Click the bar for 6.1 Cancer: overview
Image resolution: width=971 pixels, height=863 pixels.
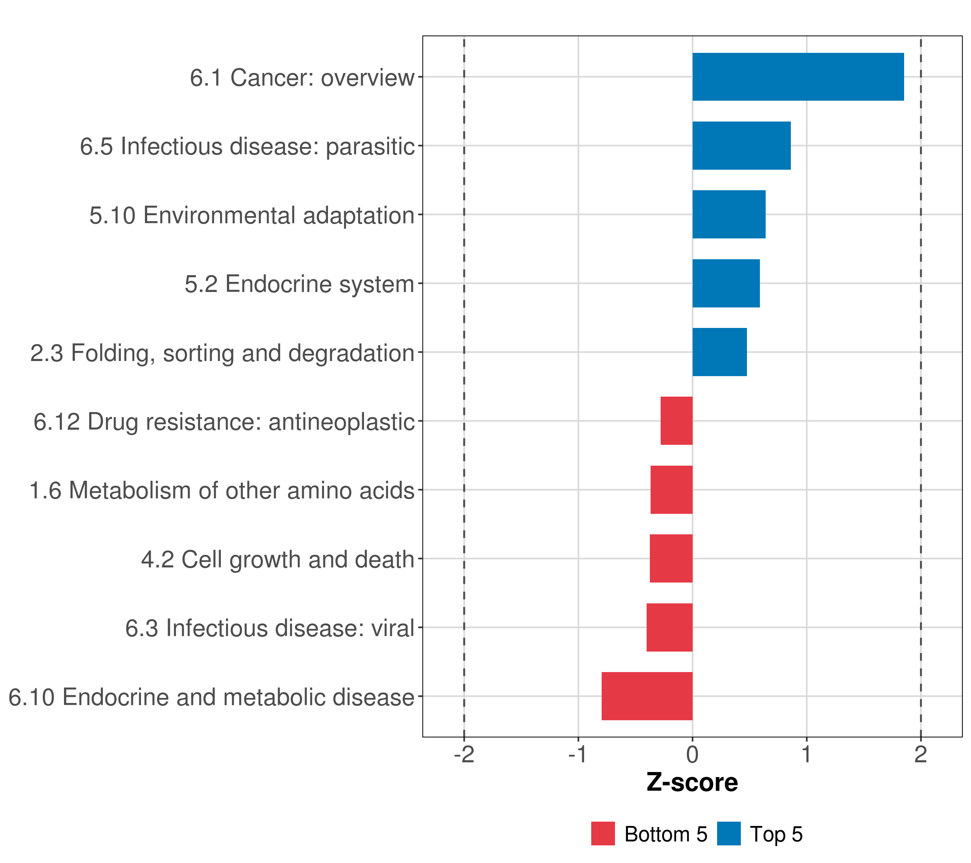tap(798, 77)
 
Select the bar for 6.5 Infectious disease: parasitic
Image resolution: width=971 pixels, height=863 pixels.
tap(741, 146)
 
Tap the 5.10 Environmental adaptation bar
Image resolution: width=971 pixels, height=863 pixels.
tap(729, 214)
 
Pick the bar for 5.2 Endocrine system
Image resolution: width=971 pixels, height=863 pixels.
tap(726, 284)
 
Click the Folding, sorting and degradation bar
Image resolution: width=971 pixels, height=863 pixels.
tap(719, 352)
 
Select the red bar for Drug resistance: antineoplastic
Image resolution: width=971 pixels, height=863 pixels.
tap(676, 421)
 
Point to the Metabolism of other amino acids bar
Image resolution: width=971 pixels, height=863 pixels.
tap(671, 490)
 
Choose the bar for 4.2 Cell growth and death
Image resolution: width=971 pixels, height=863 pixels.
tap(671, 558)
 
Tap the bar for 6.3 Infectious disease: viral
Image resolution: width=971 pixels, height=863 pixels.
tap(669, 627)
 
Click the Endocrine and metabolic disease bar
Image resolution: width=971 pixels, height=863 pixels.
tap(647, 696)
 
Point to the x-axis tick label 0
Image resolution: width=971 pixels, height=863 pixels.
tap(692, 755)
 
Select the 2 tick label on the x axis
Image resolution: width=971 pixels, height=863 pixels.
tap(920, 755)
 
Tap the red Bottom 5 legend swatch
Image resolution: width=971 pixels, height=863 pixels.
tap(603, 834)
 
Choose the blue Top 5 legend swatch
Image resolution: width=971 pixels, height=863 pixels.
tap(729, 834)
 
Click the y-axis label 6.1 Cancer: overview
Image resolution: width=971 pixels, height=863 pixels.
tap(302, 77)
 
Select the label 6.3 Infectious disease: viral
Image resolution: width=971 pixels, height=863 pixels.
tap(270, 628)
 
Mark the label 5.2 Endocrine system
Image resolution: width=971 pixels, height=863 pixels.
tap(299, 284)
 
